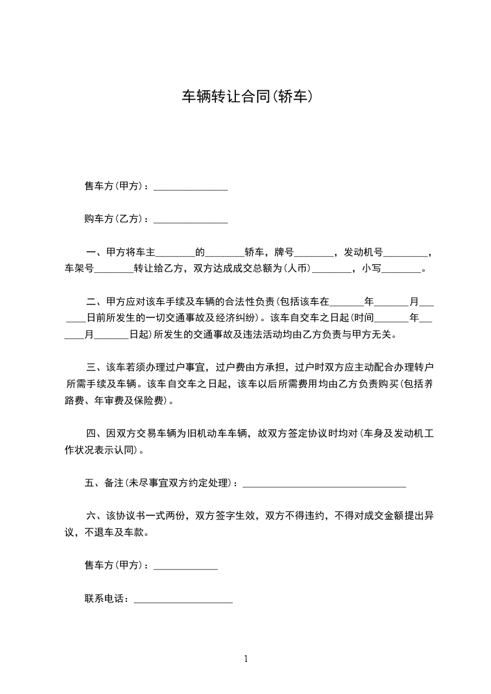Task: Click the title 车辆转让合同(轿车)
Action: [245, 96]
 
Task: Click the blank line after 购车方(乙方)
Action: [190, 220]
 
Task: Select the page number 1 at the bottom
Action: [246, 659]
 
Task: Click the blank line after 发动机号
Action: [405, 254]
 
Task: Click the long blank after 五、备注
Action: [324, 484]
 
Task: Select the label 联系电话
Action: [106, 599]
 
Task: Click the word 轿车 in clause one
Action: [254, 252]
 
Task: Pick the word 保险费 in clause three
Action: [149, 401]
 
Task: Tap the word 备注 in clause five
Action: [114, 483]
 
